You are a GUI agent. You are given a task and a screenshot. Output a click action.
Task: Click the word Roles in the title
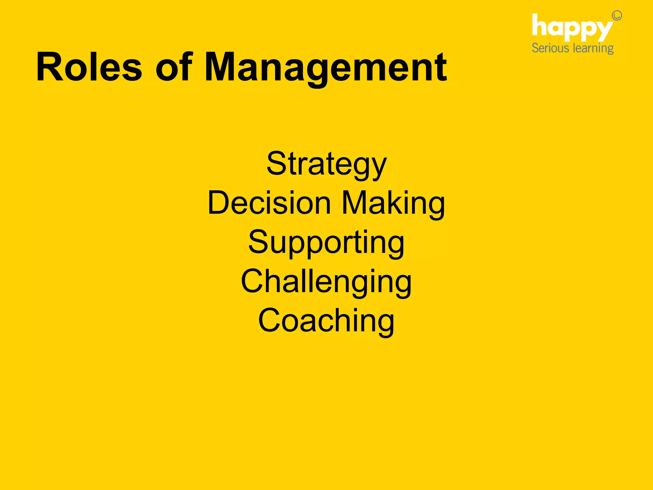(x=89, y=67)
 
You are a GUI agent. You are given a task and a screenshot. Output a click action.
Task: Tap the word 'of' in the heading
(x=174, y=67)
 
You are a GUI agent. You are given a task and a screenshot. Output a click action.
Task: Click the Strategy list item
(x=326, y=165)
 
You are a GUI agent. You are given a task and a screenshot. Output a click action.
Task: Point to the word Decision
(x=269, y=203)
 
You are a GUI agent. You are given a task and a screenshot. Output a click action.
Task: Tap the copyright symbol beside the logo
(x=617, y=16)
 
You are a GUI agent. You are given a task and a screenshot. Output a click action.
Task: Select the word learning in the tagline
(x=593, y=49)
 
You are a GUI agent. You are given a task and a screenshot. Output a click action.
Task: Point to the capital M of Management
(x=223, y=67)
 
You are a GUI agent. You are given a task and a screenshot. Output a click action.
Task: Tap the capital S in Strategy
(x=276, y=163)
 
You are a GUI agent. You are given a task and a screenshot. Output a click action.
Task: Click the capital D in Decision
(x=219, y=203)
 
